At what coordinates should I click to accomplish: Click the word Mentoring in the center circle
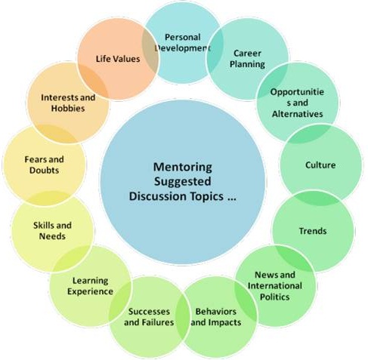(x=183, y=167)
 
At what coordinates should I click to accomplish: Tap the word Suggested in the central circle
(x=183, y=182)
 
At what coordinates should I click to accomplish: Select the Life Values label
(x=118, y=59)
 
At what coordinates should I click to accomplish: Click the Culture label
(x=320, y=165)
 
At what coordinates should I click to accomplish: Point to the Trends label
(x=313, y=231)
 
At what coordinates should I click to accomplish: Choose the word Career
(x=247, y=53)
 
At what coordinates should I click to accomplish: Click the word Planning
(x=247, y=64)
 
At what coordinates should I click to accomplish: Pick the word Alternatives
(x=297, y=114)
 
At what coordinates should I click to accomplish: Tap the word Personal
(x=183, y=37)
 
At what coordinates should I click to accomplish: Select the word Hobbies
(x=68, y=109)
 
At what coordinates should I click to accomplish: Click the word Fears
(x=34, y=159)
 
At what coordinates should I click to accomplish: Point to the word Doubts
(x=44, y=171)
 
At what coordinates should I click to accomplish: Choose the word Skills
(x=42, y=225)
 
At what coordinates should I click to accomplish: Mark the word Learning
(x=91, y=281)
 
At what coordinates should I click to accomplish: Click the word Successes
(x=149, y=312)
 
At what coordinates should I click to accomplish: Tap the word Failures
(x=158, y=322)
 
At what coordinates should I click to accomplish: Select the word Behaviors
(x=216, y=312)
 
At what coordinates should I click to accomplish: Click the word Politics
(x=274, y=297)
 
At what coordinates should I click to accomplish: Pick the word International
(x=275, y=286)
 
